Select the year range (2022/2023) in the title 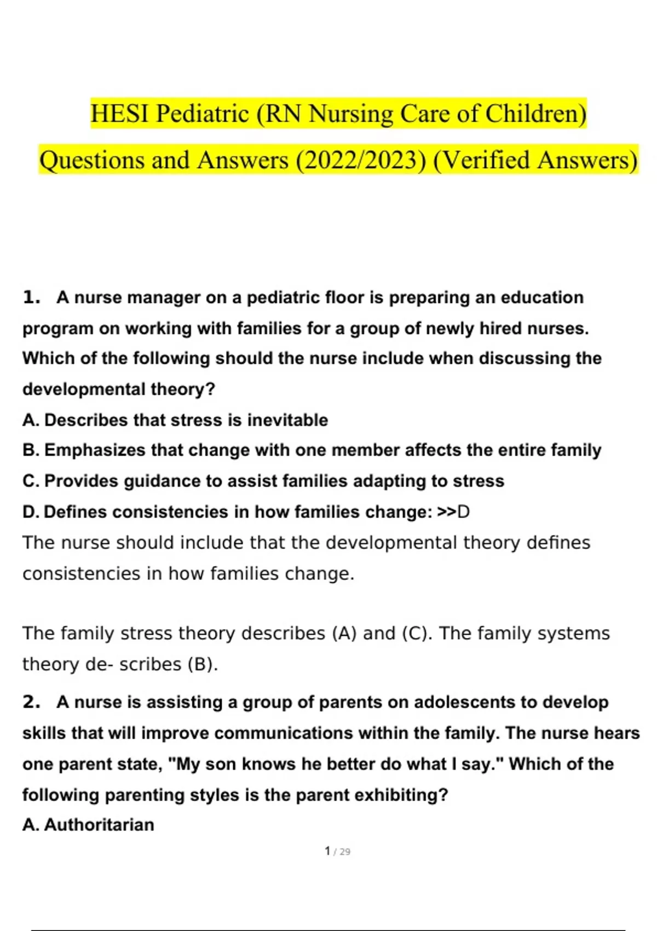coord(361,160)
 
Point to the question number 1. coord(32,298)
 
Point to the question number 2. coord(32,702)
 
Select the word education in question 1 coord(542,298)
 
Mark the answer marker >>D coord(453,512)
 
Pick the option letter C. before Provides coord(31,481)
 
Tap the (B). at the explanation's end coord(203,664)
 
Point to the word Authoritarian coord(99,825)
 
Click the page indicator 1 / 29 coord(337,852)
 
